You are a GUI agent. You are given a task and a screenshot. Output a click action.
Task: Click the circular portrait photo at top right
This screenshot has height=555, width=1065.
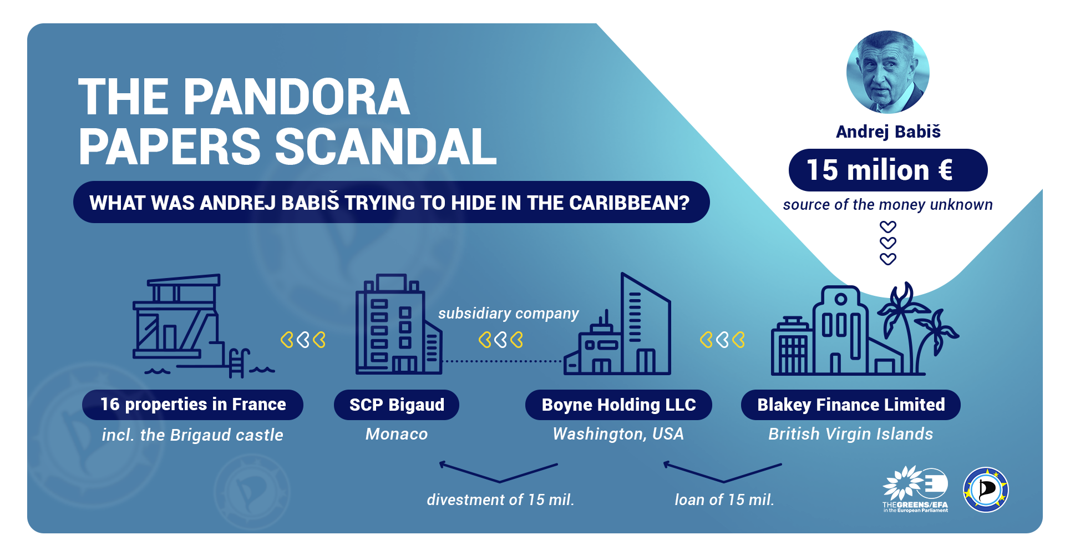[x=887, y=72]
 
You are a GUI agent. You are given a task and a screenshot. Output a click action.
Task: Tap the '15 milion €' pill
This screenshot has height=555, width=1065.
[x=887, y=170]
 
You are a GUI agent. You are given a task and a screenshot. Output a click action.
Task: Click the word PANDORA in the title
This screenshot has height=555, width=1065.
[x=297, y=97]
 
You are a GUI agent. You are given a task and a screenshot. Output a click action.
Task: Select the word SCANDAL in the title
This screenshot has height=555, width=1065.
[x=386, y=147]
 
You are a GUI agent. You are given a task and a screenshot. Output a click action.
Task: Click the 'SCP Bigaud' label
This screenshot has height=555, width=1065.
[x=397, y=405]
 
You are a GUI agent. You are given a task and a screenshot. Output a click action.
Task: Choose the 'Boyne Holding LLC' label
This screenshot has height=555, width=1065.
[x=618, y=405]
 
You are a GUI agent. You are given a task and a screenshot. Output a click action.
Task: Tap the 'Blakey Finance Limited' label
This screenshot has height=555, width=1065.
[x=851, y=405]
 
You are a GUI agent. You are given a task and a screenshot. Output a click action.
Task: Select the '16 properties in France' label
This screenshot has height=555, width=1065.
[x=192, y=405]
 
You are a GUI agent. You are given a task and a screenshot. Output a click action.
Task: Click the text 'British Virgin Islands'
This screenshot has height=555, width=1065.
[x=851, y=434]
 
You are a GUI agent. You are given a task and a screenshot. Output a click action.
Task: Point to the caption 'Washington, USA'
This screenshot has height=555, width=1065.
[x=618, y=434]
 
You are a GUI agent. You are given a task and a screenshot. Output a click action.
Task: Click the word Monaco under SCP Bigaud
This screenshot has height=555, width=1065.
[x=397, y=434]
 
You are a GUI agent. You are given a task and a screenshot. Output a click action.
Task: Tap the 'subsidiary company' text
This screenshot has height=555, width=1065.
[x=509, y=314]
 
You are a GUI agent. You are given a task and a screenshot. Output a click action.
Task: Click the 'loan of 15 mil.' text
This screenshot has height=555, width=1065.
[x=724, y=500]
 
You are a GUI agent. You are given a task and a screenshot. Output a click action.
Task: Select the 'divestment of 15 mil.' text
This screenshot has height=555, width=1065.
[x=500, y=500]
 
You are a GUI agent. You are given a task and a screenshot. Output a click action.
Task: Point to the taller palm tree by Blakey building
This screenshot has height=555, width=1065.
[x=901, y=327]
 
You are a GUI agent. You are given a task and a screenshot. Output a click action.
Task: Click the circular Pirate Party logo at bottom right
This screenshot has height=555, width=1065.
[x=986, y=490]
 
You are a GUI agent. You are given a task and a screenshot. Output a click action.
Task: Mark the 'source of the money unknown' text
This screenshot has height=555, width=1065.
[x=887, y=205]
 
